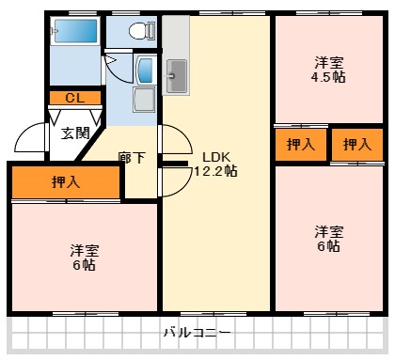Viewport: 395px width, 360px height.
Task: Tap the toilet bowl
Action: click(140, 31)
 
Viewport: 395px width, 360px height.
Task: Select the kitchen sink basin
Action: click(176, 74)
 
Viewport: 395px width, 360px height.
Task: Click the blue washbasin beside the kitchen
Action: click(146, 69)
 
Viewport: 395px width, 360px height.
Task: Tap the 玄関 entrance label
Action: click(76, 133)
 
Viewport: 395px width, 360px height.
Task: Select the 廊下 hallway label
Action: click(132, 157)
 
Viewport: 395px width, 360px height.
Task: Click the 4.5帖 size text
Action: click(329, 78)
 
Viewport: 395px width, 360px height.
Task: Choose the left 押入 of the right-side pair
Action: click(301, 144)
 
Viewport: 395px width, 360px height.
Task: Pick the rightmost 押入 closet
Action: click(356, 144)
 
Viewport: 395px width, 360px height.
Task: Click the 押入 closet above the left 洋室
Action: click(66, 183)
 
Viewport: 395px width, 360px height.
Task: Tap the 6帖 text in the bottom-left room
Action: click(83, 265)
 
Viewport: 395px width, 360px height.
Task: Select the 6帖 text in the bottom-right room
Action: click(328, 246)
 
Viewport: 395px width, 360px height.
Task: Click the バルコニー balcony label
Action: click(197, 333)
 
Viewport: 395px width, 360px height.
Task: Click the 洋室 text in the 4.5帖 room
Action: click(329, 63)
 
